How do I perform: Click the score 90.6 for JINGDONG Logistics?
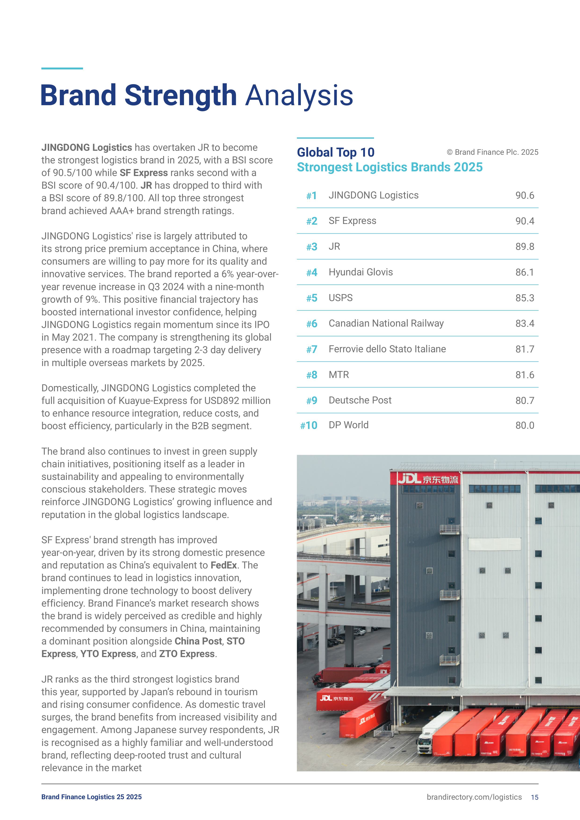[x=524, y=195]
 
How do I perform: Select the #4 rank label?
[x=311, y=273]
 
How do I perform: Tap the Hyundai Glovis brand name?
[x=360, y=272]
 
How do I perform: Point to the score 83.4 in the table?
[x=524, y=324]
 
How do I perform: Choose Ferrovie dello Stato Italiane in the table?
[x=387, y=349]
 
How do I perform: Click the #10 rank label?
[x=309, y=425]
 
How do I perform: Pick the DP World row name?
[x=348, y=425]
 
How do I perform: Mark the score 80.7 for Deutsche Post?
[x=524, y=401]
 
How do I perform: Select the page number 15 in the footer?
[x=534, y=797]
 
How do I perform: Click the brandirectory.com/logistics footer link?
[x=474, y=797]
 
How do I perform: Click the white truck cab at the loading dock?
[x=425, y=743]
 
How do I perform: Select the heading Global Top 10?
[x=335, y=152]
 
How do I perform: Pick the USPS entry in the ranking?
[x=340, y=298]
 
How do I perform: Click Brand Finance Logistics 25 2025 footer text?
[x=91, y=797]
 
